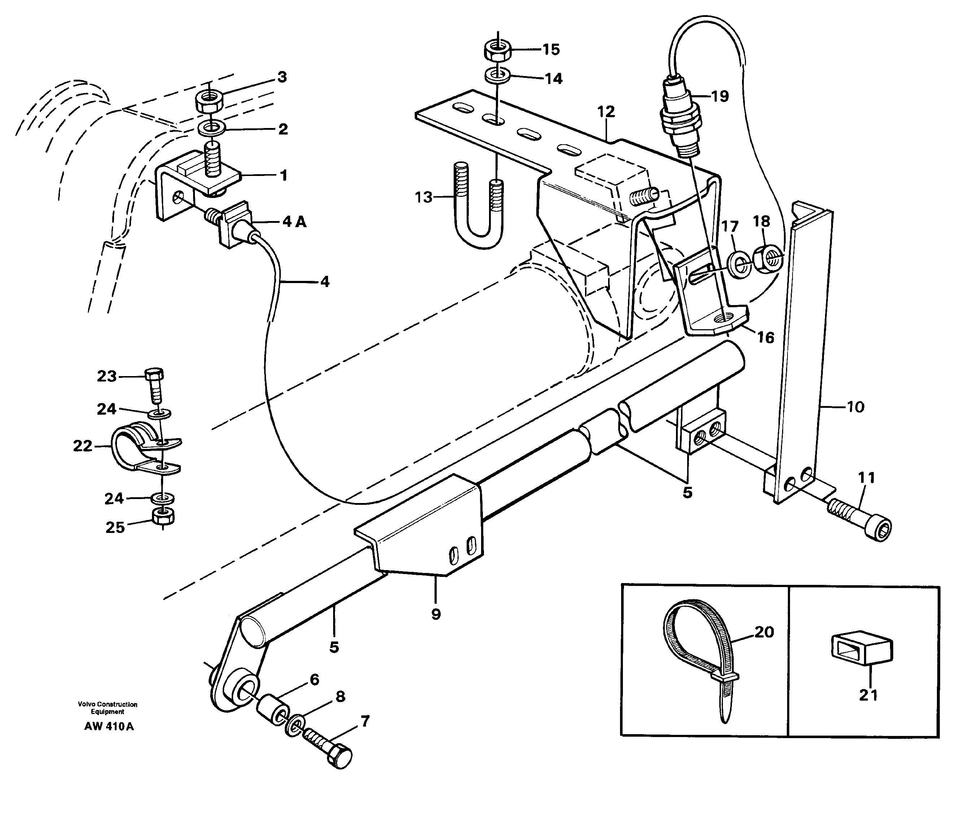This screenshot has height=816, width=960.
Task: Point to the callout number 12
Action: (x=606, y=111)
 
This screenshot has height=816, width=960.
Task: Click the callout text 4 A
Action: (x=294, y=222)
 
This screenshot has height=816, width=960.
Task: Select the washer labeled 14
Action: (x=498, y=75)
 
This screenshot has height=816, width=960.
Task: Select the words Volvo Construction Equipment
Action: (x=108, y=708)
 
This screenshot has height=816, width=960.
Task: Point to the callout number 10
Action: (x=855, y=407)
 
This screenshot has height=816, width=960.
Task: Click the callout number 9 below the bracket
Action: (x=436, y=614)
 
